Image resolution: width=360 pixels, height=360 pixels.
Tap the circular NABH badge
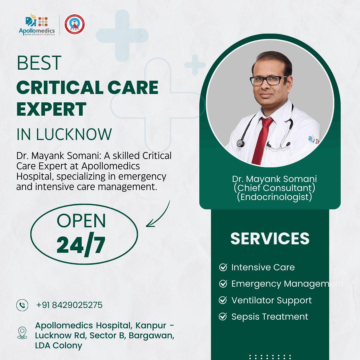click(x=74, y=24)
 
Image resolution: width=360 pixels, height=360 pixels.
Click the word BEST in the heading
click(x=39, y=63)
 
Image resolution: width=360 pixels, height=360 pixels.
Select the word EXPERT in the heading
click(x=51, y=109)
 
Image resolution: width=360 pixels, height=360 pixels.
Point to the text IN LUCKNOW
click(x=64, y=134)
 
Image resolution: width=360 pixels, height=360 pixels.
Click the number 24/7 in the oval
click(x=81, y=245)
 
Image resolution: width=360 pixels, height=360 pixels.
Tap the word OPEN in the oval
click(x=81, y=220)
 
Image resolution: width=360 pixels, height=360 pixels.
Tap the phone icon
click(x=22, y=305)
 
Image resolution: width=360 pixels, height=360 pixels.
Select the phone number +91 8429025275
click(x=69, y=305)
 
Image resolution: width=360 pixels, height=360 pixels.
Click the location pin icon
click(x=22, y=332)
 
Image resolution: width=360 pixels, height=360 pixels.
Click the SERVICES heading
click(x=270, y=239)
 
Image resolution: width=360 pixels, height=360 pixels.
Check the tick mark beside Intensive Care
click(x=223, y=267)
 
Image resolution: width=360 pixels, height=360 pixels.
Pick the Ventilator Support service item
click(x=271, y=300)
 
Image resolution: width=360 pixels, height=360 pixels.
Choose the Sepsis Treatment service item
click(x=270, y=317)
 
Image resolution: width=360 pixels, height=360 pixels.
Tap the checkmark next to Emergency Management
click(x=223, y=284)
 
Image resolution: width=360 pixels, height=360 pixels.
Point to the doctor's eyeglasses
click(x=269, y=80)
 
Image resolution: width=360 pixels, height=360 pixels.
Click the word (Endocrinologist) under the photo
click(x=274, y=197)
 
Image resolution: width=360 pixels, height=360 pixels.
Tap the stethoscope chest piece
click(x=240, y=143)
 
